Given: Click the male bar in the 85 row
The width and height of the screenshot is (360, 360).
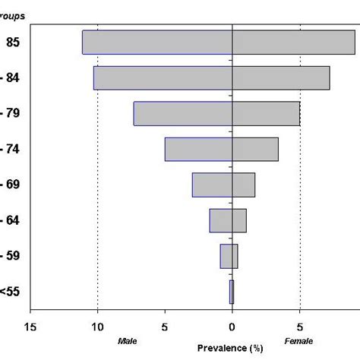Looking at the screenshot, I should (157, 43).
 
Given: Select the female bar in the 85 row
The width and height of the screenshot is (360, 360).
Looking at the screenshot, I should (293, 43).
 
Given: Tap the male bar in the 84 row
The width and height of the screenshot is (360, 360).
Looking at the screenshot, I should (163, 78).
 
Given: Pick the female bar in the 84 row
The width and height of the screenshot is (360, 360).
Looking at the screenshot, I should (281, 78).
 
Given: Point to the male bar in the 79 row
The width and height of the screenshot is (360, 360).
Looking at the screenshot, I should (183, 114).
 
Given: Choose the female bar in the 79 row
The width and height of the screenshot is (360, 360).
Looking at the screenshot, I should (266, 114).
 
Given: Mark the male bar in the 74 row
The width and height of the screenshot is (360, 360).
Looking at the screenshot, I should (198, 149).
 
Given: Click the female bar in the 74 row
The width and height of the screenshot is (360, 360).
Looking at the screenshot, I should (255, 149).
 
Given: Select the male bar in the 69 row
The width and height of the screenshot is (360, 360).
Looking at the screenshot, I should (212, 185).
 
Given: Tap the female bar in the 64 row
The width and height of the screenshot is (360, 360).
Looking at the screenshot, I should (239, 220).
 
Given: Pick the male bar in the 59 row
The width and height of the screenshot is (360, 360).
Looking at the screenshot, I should (226, 256).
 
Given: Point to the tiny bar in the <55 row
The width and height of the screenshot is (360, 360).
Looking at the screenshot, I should (232, 292).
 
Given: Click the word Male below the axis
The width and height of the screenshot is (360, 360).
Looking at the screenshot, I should (127, 343).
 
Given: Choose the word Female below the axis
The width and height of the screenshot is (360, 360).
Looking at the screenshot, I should (295, 343).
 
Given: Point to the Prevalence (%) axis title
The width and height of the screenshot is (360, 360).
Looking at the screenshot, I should (230, 349).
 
